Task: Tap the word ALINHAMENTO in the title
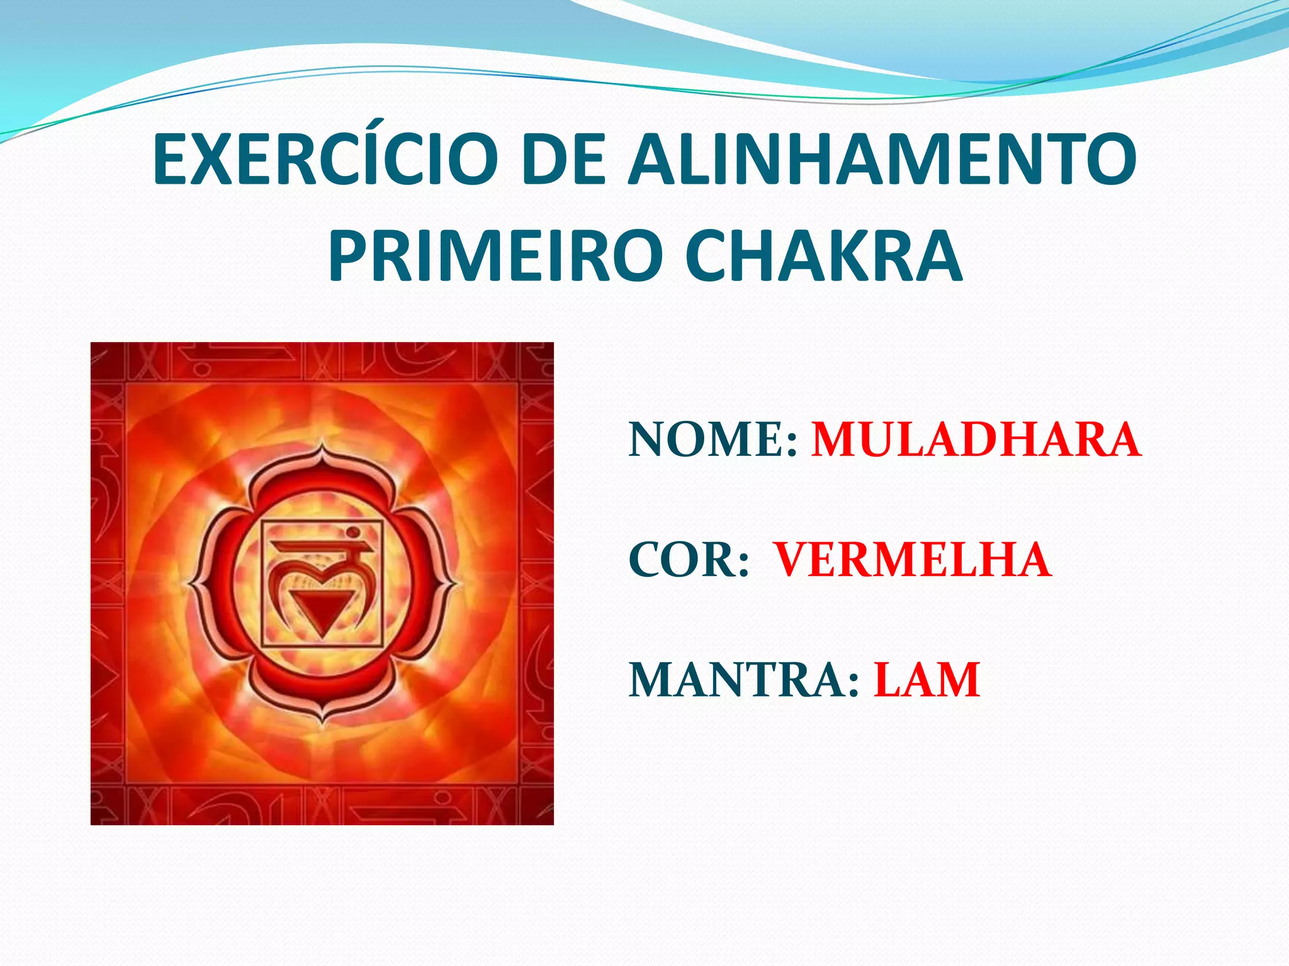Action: (x=882, y=160)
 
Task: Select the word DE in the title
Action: (x=563, y=160)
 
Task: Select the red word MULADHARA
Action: (x=976, y=440)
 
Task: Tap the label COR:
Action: (x=689, y=560)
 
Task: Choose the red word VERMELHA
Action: (x=912, y=560)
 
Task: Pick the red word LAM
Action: (x=926, y=680)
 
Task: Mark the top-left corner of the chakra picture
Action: (x=92, y=343)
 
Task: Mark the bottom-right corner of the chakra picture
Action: (x=552, y=823)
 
